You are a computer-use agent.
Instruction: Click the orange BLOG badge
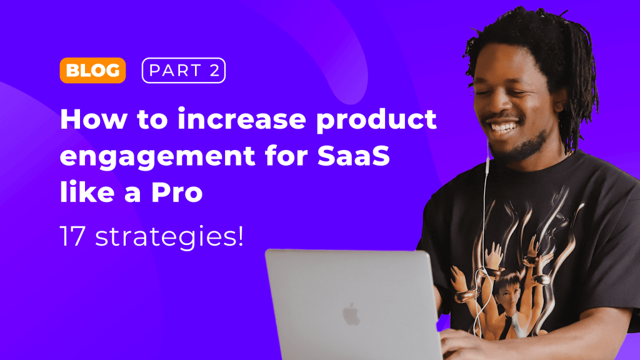(x=92, y=71)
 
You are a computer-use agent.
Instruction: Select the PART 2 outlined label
(x=183, y=71)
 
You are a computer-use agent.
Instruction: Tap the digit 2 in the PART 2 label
(x=214, y=71)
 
